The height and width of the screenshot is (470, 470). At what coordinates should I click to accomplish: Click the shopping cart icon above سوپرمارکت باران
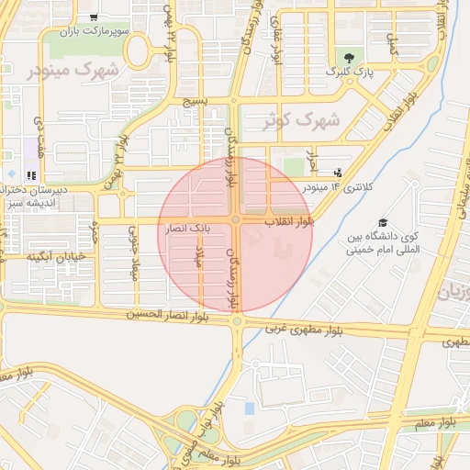point(94,17)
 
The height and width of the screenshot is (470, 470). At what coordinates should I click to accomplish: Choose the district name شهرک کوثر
point(301,120)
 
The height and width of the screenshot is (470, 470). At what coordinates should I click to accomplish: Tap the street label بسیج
point(201,101)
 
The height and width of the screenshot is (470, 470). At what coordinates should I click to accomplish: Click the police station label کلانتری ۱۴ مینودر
point(346,187)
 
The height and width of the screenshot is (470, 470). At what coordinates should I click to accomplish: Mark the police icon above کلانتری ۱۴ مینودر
point(339,173)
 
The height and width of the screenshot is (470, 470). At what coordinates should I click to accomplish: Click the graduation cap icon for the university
point(382,223)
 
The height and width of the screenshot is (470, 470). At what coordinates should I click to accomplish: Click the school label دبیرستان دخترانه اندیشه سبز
point(33,197)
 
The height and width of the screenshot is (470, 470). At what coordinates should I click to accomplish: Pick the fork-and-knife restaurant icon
point(31,174)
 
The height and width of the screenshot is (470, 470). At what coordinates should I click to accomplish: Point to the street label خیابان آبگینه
point(56,255)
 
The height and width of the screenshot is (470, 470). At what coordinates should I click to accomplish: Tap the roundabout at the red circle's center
point(236,220)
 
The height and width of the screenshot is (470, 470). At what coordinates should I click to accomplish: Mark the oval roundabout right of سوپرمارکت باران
point(139,53)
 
